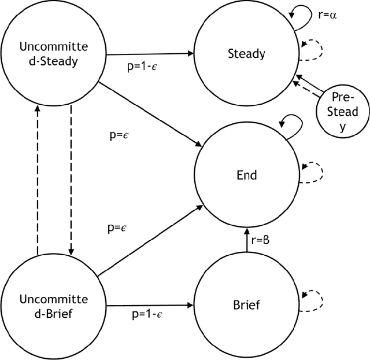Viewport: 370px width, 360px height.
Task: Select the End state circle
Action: tap(247, 174)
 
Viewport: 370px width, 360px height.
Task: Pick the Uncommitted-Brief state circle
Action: tap(53, 304)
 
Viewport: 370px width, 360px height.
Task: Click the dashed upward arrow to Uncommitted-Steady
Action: tap(38, 179)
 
